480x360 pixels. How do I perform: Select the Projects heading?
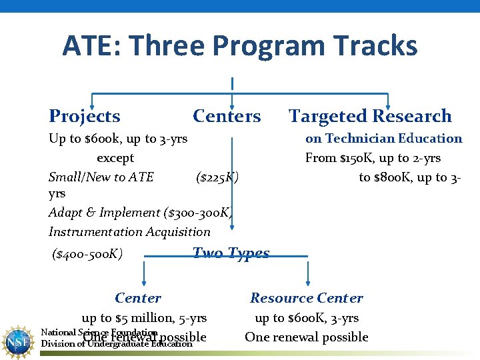click(x=85, y=116)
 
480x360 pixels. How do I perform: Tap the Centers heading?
click(x=227, y=116)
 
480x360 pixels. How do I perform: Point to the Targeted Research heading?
click(x=370, y=116)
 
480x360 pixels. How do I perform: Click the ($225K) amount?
click(x=217, y=177)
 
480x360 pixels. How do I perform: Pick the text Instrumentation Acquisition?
click(x=129, y=232)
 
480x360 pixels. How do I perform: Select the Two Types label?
click(x=231, y=253)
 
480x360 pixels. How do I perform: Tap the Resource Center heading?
click(x=307, y=298)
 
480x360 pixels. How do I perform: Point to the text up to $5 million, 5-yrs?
click(x=144, y=318)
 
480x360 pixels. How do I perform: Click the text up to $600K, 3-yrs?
click(x=307, y=318)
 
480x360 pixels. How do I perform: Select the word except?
click(x=115, y=158)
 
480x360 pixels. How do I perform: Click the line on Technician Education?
click(x=383, y=139)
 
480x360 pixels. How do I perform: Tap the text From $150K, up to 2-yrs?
click(x=373, y=158)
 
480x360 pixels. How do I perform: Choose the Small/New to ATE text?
click(x=101, y=177)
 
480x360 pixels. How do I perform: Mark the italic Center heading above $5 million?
click(x=138, y=298)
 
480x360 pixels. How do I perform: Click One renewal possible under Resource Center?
click(x=307, y=337)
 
